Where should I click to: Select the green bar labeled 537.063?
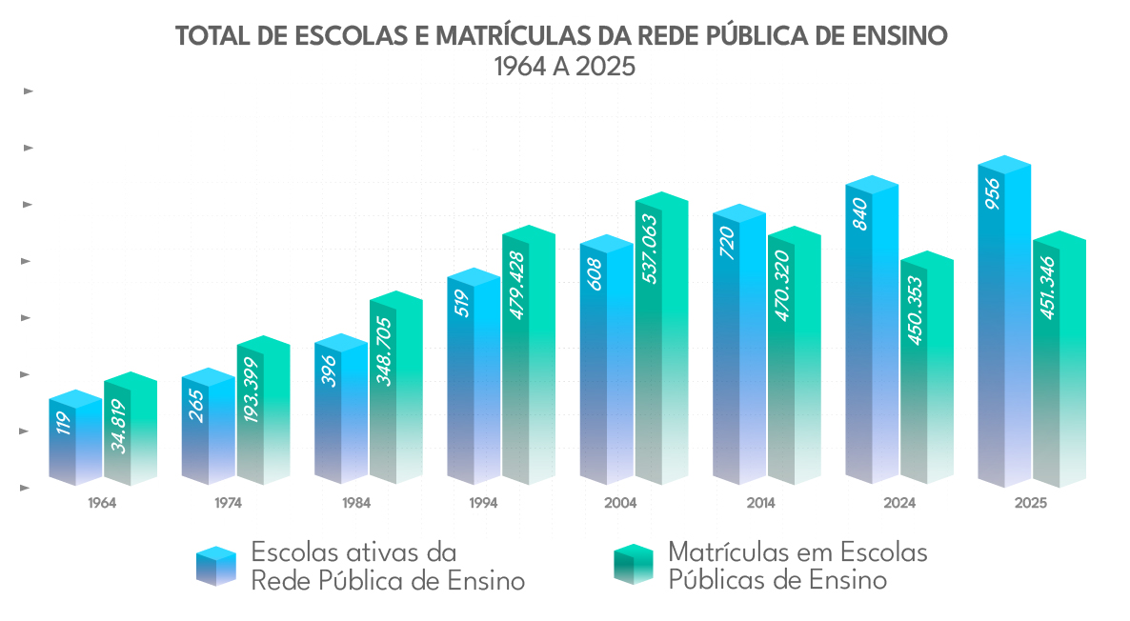tap(660, 343)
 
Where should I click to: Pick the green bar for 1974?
tap(262, 414)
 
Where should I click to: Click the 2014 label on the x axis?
tap(761, 503)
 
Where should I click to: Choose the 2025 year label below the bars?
tap(1031, 503)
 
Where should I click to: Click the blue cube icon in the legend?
tap(215, 566)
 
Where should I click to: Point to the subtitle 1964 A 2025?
tap(564, 68)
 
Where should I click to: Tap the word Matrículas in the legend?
tap(726, 552)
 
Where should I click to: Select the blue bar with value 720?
tap(738, 348)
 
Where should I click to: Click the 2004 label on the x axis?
tap(620, 503)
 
